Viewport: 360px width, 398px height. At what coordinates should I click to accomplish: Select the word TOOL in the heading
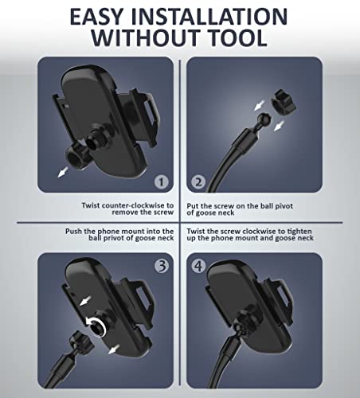pos(237,37)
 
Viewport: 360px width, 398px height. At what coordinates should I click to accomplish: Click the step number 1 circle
pos(161,181)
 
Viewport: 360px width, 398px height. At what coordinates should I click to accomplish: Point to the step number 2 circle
pos(198,181)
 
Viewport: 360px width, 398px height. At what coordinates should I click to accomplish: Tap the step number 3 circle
pos(162,266)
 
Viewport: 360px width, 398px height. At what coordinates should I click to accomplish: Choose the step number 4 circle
pos(198,266)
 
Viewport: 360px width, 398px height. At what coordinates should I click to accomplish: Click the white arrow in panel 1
pos(63,172)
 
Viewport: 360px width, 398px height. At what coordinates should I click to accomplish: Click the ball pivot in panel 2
pos(264,119)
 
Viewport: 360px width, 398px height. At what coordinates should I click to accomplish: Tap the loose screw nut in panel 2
pos(283,102)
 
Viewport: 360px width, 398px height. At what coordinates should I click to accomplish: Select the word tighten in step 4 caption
pos(299,231)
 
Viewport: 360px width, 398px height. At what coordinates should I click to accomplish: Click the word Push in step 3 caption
pos(73,231)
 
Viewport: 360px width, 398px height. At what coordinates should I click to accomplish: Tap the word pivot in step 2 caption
pos(284,206)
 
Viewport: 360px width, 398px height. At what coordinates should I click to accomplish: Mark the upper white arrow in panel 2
pos(259,105)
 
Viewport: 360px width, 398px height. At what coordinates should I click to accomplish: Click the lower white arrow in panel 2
pos(279,126)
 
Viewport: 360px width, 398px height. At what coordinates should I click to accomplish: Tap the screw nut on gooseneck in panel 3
pos(81,341)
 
